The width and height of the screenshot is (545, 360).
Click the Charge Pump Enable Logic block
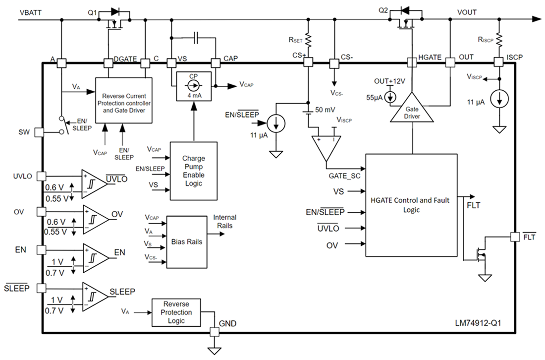pyautogui.click(x=194, y=171)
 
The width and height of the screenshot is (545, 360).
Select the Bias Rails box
pyautogui.click(x=187, y=241)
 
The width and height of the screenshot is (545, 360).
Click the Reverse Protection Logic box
pyautogui.click(x=176, y=312)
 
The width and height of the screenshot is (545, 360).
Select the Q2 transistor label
pyautogui.click(x=383, y=10)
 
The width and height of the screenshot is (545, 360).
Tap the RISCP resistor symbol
pyautogui.click(x=499, y=39)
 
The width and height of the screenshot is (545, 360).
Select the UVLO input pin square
pyautogui.click(x=41, y=177)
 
